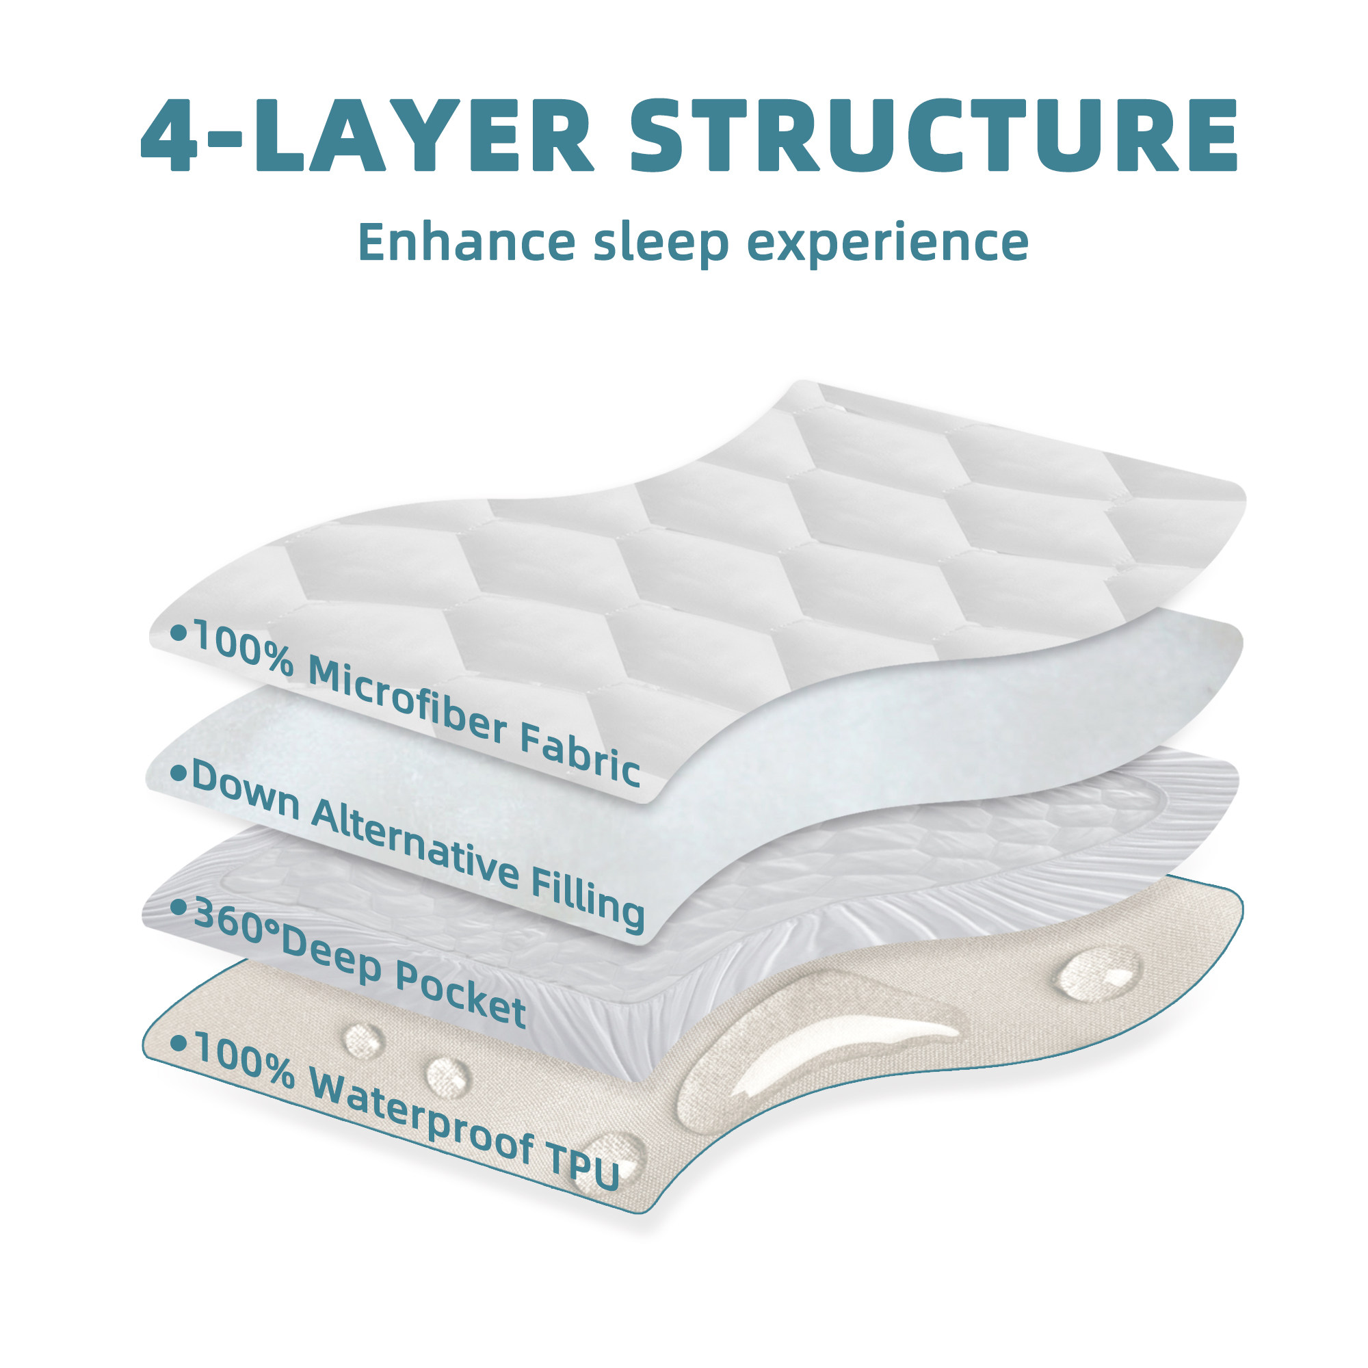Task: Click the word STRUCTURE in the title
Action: [x=933, y=135]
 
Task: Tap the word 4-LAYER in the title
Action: [x=367, y=135]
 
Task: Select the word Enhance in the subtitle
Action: [x=466, y=241]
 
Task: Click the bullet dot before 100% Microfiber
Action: [x=179, y=632]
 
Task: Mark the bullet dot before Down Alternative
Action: [x=178, y=772]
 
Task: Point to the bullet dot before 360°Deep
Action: [x=179, y=906]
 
